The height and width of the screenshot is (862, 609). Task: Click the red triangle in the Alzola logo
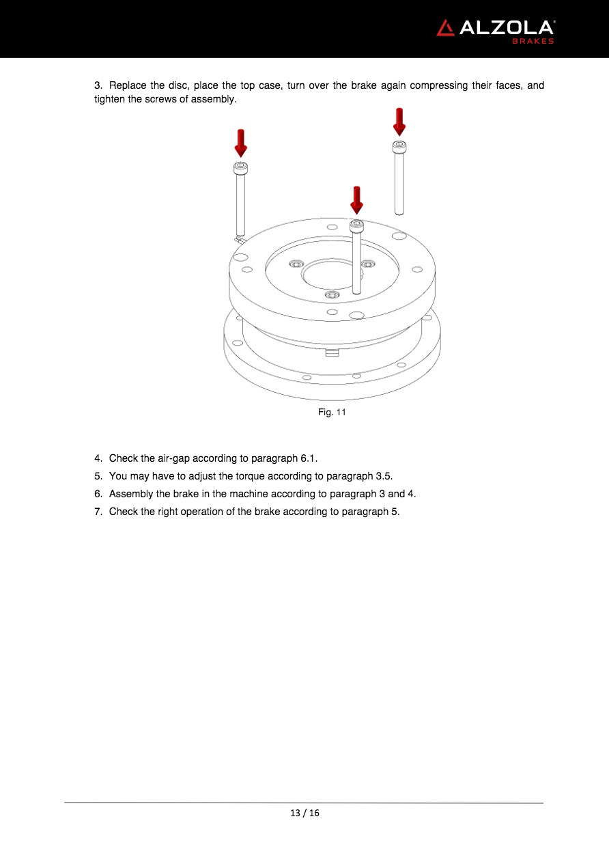(x=445, y=28)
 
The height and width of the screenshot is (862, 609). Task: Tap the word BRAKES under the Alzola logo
(x=533, y=41)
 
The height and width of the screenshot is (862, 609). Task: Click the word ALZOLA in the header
(x=507, y=28)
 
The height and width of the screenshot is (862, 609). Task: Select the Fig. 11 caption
(x=332, y=412)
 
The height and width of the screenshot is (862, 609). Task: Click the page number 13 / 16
(x=304, y=813)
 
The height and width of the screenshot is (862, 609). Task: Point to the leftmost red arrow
(x=241, y=143)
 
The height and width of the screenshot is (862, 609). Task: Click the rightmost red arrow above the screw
(x=399, y=122)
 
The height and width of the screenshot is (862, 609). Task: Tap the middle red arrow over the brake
(x=356, y=201)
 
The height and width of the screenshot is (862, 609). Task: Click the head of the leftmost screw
(x=240, y=168)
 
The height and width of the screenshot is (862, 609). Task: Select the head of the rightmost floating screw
(x=399, y=147)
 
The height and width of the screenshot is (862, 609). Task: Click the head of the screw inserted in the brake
(x=356, y=225)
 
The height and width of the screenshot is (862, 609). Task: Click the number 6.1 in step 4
(x=308, y=458)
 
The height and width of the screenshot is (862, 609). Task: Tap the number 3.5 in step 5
(x=383, y=476)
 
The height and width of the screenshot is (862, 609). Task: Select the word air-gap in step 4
(x=173, y=459)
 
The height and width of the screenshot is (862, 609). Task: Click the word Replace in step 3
(x=128, y=86)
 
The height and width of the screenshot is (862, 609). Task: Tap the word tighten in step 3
(x=110, y=99)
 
